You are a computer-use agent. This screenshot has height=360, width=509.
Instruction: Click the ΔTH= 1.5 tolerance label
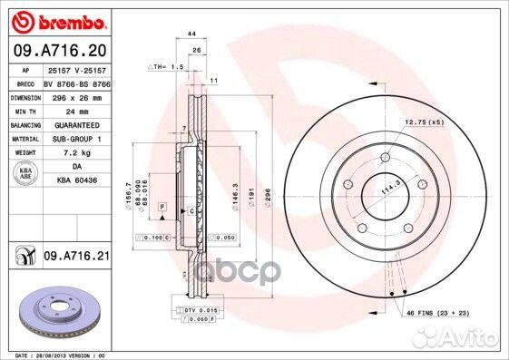(x=166, y=67)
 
